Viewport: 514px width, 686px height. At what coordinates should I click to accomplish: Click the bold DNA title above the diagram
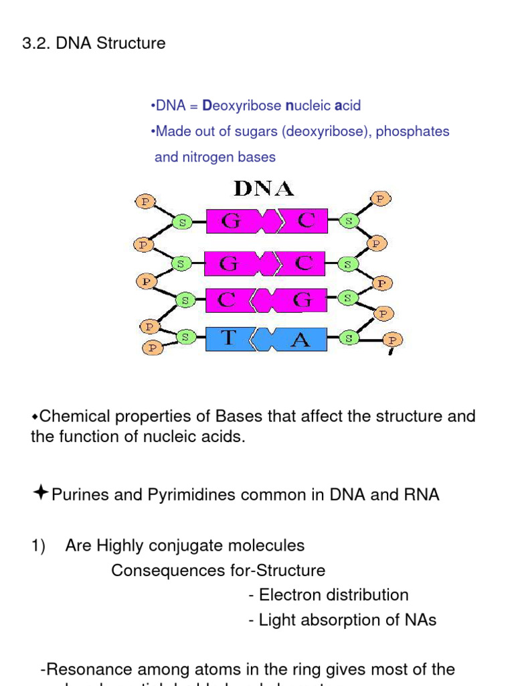tap(264, 188)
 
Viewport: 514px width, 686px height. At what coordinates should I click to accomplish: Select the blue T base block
tap(228, 339)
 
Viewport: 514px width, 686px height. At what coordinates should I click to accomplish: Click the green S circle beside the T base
tap(185, 338)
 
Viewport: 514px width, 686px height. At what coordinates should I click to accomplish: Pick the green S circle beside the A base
tap(348, 338)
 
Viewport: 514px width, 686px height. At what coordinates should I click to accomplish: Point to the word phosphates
tap(412, 131)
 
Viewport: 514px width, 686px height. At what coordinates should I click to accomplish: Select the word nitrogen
tap(201, 157)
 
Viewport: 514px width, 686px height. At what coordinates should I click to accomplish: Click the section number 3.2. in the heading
tap(37, 44)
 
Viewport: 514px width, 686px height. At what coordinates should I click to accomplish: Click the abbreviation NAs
tap(421, 620)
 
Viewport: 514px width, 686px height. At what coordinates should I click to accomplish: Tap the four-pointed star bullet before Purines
tap(40, 494)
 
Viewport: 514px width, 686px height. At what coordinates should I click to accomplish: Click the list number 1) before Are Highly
tap(38, 546)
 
